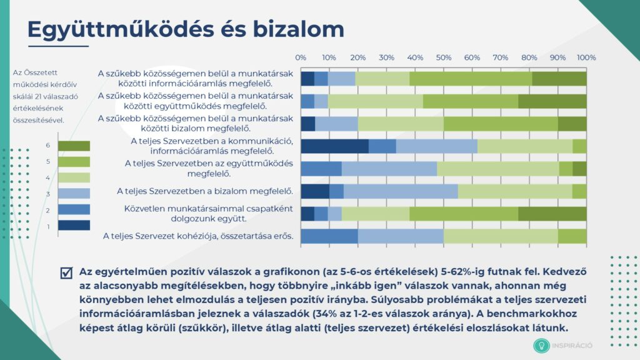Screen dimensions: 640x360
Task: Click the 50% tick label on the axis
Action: point(443,57)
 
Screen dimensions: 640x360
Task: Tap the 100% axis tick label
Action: point(586,57)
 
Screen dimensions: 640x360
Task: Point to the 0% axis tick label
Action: point(301,57)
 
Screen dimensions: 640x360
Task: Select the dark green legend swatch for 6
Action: point(74,146)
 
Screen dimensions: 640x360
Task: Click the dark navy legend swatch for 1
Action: point(74,225)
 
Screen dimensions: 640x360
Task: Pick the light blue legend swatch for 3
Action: point(74,194)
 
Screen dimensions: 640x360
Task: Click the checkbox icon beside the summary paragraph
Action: point(66,272)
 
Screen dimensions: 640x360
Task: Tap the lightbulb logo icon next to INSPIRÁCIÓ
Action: point(541,346)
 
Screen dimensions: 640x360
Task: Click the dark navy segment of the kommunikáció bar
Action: point(335,146)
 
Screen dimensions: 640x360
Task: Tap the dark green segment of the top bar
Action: point(559,79)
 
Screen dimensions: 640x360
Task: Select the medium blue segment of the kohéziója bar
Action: point(329,236)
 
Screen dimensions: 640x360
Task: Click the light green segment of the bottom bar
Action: point(501,236)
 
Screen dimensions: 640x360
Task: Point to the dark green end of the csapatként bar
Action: point(552,214)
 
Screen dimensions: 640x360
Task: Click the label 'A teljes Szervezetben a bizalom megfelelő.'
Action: point(205,191)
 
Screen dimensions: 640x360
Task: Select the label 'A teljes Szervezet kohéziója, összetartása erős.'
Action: point(198,236)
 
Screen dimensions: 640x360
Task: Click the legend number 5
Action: point(48,162)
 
